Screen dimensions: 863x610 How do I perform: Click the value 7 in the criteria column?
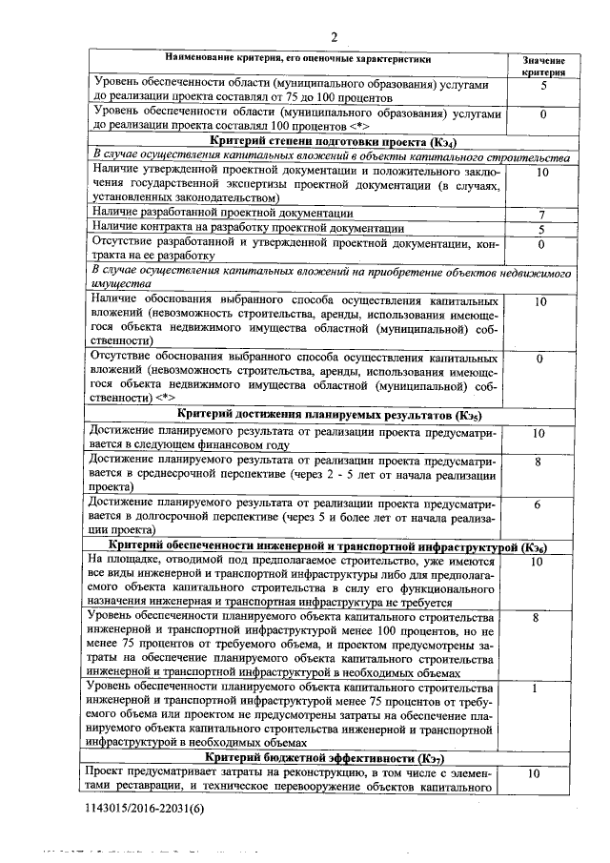coord(540,216)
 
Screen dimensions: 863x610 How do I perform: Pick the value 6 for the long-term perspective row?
coord(539,503)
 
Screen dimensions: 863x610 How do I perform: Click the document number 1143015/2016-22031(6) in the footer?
coord(143,808)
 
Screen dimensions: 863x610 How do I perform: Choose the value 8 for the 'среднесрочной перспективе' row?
coord(539,462)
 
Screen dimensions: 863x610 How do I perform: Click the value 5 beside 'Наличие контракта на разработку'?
coord(540,230)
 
